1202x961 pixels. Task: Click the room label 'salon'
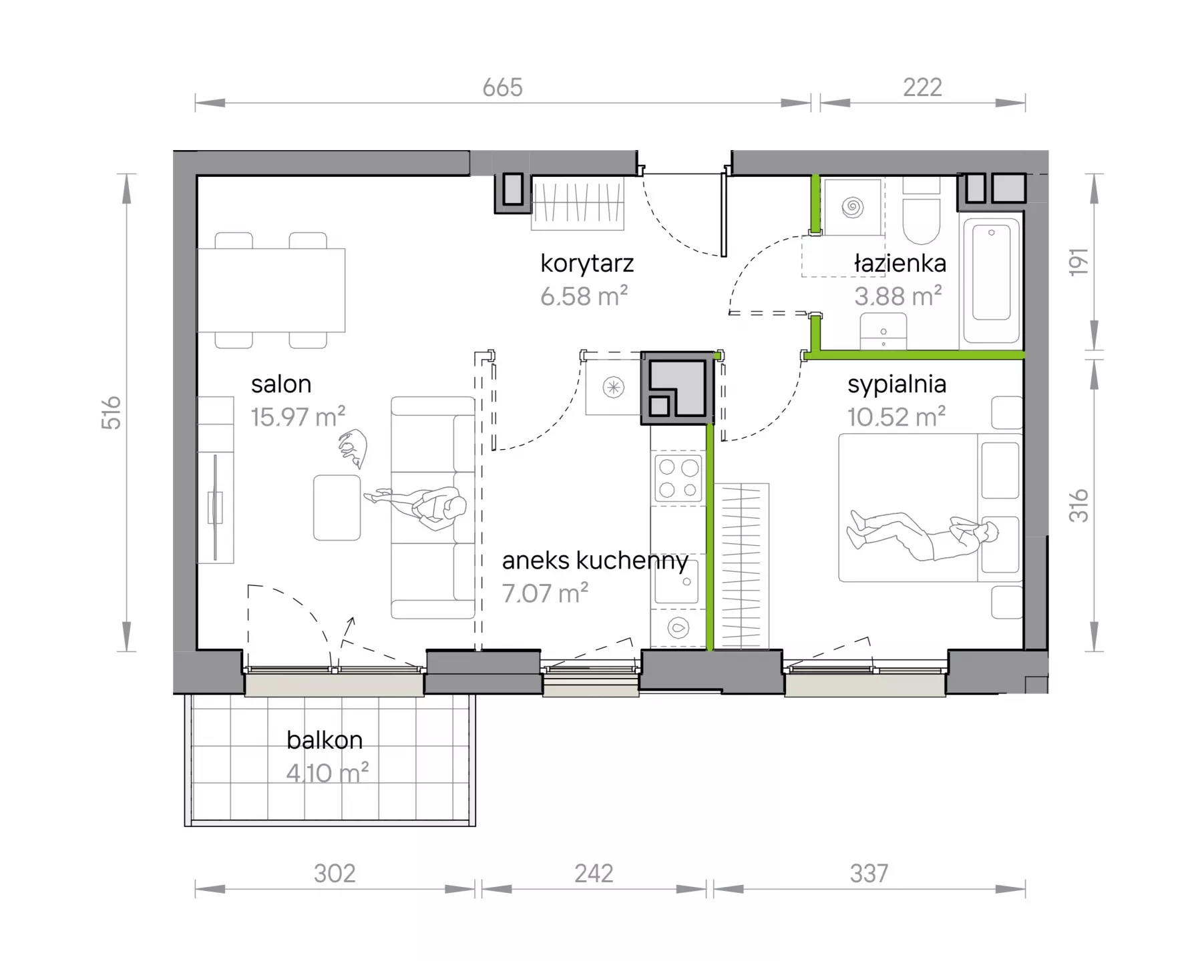pyautogui.click(x=281, y=384)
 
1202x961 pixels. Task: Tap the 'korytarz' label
pyautogui.click(x=587, y=264)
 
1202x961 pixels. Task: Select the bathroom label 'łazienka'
pyautogui.click(x=900, y=264)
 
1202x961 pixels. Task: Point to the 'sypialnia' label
pyautogui.click(x=897, y=385)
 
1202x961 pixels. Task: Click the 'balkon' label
pyautogui.click(x=325, y=740)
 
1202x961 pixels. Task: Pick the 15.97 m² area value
pyautogui.click(x=298, y=417)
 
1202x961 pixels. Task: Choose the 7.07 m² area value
pyautogui.click(x=545, y=593)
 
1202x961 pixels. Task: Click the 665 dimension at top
pyautogui.click(x=503, y=87)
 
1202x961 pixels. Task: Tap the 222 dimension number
pyautogui.click(x=922, y=87)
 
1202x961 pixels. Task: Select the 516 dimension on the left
pyautogui.click(x=112, y=412)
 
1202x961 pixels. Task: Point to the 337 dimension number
pyautogui.click(x=869, y=874)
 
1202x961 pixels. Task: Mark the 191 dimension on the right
pyautogui.click(x=1079, y=262)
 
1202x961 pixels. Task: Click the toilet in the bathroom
pyautogui.click(x=922, y=210)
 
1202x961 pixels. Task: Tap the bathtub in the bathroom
pyautogui.click(x=991, y=279)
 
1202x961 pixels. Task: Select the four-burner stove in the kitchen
pyautogui.click(x=678, y=478)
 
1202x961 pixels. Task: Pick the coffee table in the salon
pyautogui.click(x=337, y=507)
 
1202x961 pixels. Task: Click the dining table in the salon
pyautogui.click(x=271, y=290)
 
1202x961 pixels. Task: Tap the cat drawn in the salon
pyautogui.click(x=353, y=448)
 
